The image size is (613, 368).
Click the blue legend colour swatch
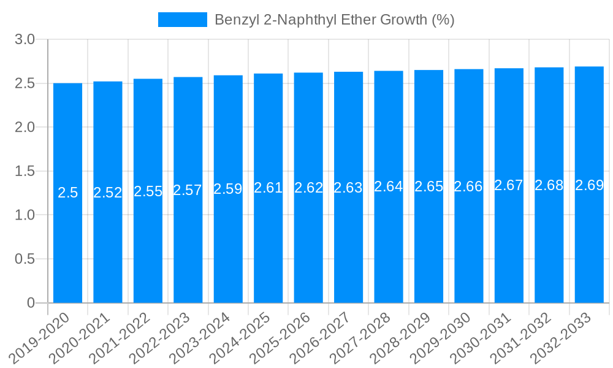pyautogui.click(x=182, y=20)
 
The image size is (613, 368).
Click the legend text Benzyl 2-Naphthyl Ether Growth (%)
pyautogui.click(x=334, y=20)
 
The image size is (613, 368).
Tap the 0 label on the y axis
pyautogui.click(x=31, y=303)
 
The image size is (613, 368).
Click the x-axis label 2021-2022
pyautogui.click(x=126, y=337)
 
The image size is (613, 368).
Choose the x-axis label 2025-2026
pyautogui.click(x=286, y=337)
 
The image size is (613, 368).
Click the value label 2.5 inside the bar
pyautogui.click(x=67, y=193)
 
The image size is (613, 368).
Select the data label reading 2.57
pyautogui.click(x=188, y=190)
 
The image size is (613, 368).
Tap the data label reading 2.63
pyautogui.click(x=348, y=188)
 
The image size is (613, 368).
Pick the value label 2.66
pyautogui.click(x=468, y=186)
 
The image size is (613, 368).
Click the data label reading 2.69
pyautogui.click(x=589, y=185)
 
